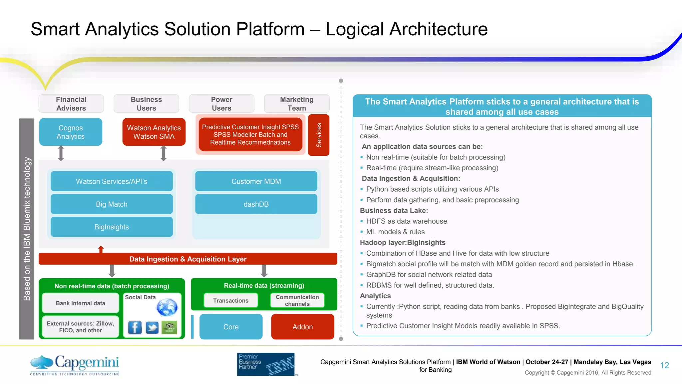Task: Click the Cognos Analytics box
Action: tap(71, 132)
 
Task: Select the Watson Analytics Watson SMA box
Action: tap(154, 132)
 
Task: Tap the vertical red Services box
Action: tap(319, 135)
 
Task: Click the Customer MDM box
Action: tap(256, 181)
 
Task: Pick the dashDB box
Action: tap(256, 204)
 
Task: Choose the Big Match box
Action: tap(112, 204)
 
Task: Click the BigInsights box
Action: tap(112, 227)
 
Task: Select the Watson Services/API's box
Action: tap(112, 181)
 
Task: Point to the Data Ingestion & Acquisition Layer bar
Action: tap(188, 259)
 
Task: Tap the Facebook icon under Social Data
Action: tap(135, 327)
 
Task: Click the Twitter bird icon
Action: tap(152, 327)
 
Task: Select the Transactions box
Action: tap(231, 300)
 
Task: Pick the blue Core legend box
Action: tap(231, 327)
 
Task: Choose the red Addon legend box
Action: tap(302, 327)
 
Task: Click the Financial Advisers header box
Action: tap(71, 104)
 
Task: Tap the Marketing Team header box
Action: tap(297, 104)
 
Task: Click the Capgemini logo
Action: tap(75, 365)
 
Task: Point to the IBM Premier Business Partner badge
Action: tap(266, 364)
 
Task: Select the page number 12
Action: tap(664, 365)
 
